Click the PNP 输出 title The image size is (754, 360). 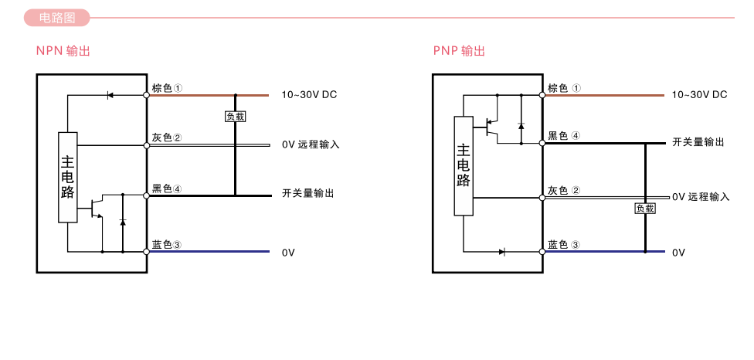click(459, 52)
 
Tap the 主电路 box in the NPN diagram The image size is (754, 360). click(68, 178)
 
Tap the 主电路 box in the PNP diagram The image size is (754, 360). click(464, 165)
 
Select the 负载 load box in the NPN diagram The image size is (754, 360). click(236, 117)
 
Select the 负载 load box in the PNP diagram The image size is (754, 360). click(645, 209)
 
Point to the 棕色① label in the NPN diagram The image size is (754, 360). click(168, 88)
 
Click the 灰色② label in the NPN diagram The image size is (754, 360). click(167, 138)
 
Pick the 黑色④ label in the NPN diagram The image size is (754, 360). click(167, 188)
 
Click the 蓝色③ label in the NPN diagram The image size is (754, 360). click(167, 245)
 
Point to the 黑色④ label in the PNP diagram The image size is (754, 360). click(563, 136)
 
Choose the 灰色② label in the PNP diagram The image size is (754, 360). click(563, 190)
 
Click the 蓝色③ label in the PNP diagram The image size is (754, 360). click(563, 245)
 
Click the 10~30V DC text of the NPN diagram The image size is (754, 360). click(309, 95)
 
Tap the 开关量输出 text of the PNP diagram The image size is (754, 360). click(698, 143)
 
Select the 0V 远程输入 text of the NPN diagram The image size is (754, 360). click(311, 144)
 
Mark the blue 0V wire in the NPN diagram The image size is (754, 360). click(209, 252)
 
